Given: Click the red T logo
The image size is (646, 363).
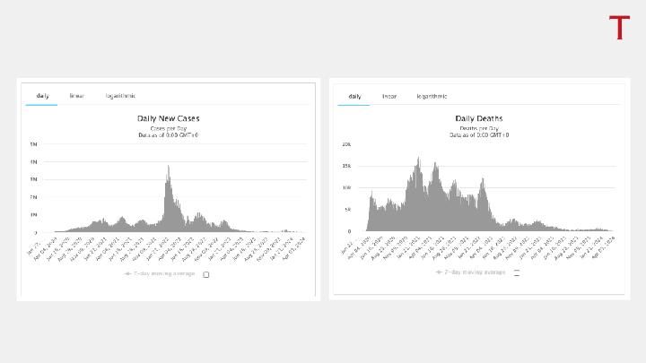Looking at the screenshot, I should [x=619, y=28].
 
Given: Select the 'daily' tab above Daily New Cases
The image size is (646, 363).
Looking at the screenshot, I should [x=42, y=96].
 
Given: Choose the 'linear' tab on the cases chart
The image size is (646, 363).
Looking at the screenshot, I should [x=77, y=96].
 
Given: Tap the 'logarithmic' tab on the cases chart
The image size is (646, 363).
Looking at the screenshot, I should [x=120, y=96].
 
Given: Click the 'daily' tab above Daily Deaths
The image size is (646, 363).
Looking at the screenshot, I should [x=354, y=96].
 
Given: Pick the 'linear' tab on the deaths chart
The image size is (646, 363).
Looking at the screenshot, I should [x=389, y=96].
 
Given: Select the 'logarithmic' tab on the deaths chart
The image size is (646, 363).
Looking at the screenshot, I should [x=432, y=96].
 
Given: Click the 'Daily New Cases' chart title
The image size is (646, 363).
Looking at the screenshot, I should [x=168, y=118].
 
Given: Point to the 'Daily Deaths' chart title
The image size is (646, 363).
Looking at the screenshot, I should [x=478, y=118].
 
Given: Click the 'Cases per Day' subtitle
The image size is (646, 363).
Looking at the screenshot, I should [x=168, y=128].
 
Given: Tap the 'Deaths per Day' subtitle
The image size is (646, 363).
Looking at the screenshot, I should [x=478, y=128].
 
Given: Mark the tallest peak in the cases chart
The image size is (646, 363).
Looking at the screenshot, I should [x=168, y=166].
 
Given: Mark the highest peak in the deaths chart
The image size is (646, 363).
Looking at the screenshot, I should [x=418, y=158].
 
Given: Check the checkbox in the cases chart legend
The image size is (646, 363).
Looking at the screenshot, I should [x=206, y=274].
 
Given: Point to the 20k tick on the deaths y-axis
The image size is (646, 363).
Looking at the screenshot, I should [x=345, y=144].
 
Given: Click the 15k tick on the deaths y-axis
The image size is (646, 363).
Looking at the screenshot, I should [x=345, y=166].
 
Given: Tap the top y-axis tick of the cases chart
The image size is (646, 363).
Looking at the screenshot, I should [x=34, y=144].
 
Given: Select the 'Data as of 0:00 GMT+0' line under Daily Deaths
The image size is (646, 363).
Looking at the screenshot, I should [x=478, y=134].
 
